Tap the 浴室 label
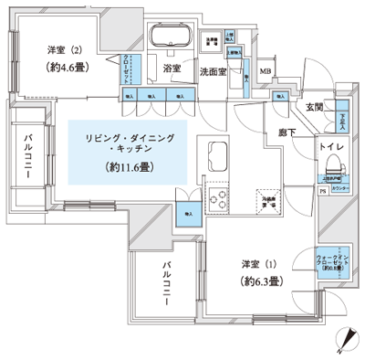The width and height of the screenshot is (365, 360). (173, 69)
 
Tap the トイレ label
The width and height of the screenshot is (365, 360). (331, 147)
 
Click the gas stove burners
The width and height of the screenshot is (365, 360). (218, 196)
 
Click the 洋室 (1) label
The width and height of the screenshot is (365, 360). (258, 265)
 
